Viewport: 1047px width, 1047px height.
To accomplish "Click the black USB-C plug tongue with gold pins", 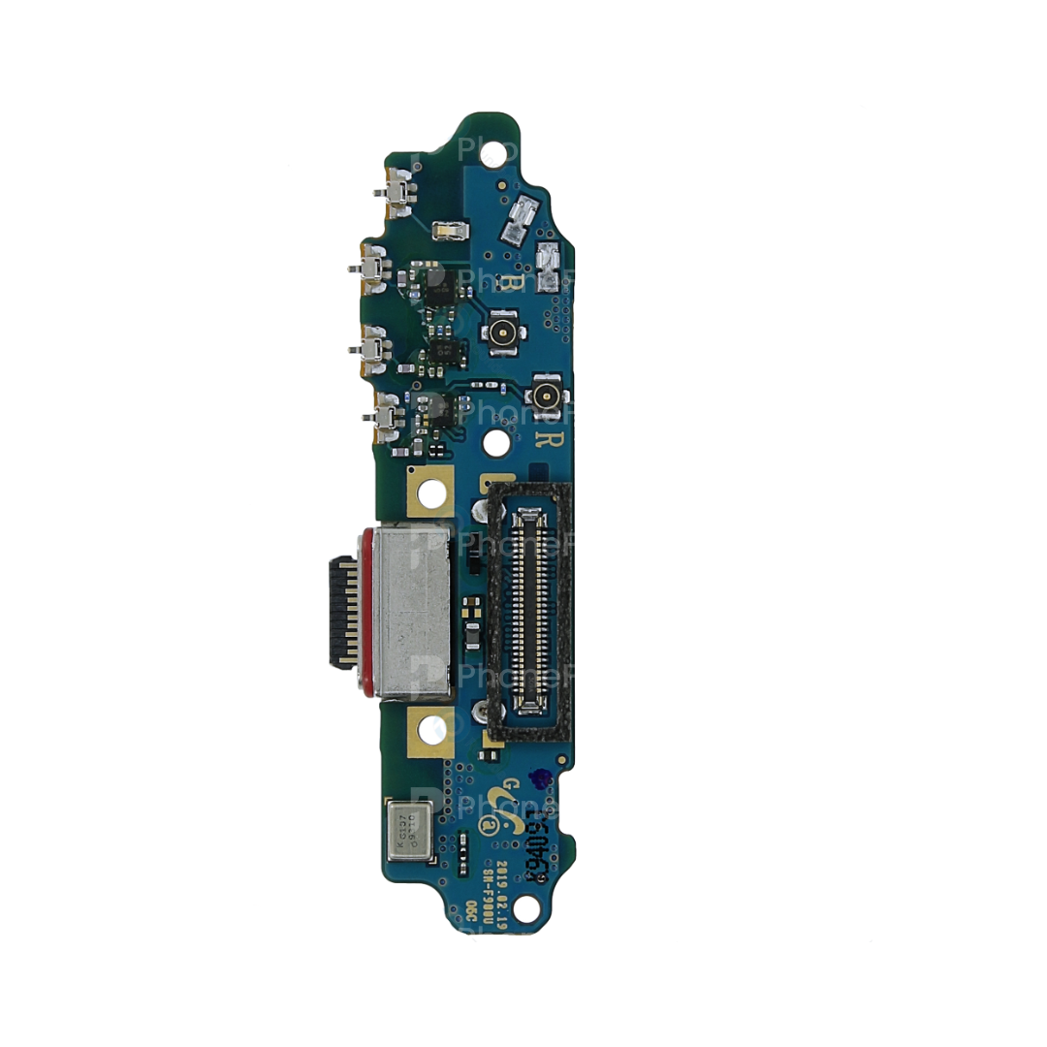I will click(x=343, y=613).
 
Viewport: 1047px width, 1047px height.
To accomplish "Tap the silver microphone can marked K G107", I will click(x=409, y=832).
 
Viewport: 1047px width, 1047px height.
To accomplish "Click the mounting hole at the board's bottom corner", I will click(x=525, y=909).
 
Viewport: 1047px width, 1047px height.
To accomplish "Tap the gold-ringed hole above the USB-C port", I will click(x=432, y=493).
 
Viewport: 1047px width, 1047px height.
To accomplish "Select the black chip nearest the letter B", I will click(x=425, y=279).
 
